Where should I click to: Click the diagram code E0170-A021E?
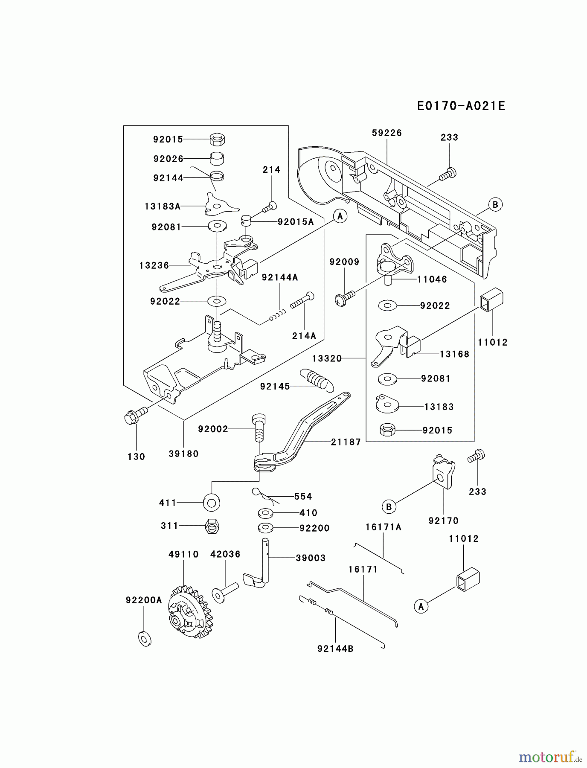click(461, 106)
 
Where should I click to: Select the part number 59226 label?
click(386, 133)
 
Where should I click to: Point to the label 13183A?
click(162, 207)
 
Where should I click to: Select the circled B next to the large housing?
click(495, 204)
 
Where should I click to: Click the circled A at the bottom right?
click(421, 606)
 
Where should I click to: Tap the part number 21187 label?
click(346, 442)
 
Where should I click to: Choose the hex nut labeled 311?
click(212, 527)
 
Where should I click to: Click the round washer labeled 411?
click(212, 502)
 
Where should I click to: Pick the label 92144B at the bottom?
click(335, 649)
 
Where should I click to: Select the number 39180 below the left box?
click(183, 454)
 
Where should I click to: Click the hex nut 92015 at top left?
click(218, 139)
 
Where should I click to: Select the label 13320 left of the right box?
click(327, 358)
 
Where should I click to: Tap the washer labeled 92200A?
click(145, 638)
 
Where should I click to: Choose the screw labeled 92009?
click(345, 297)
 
